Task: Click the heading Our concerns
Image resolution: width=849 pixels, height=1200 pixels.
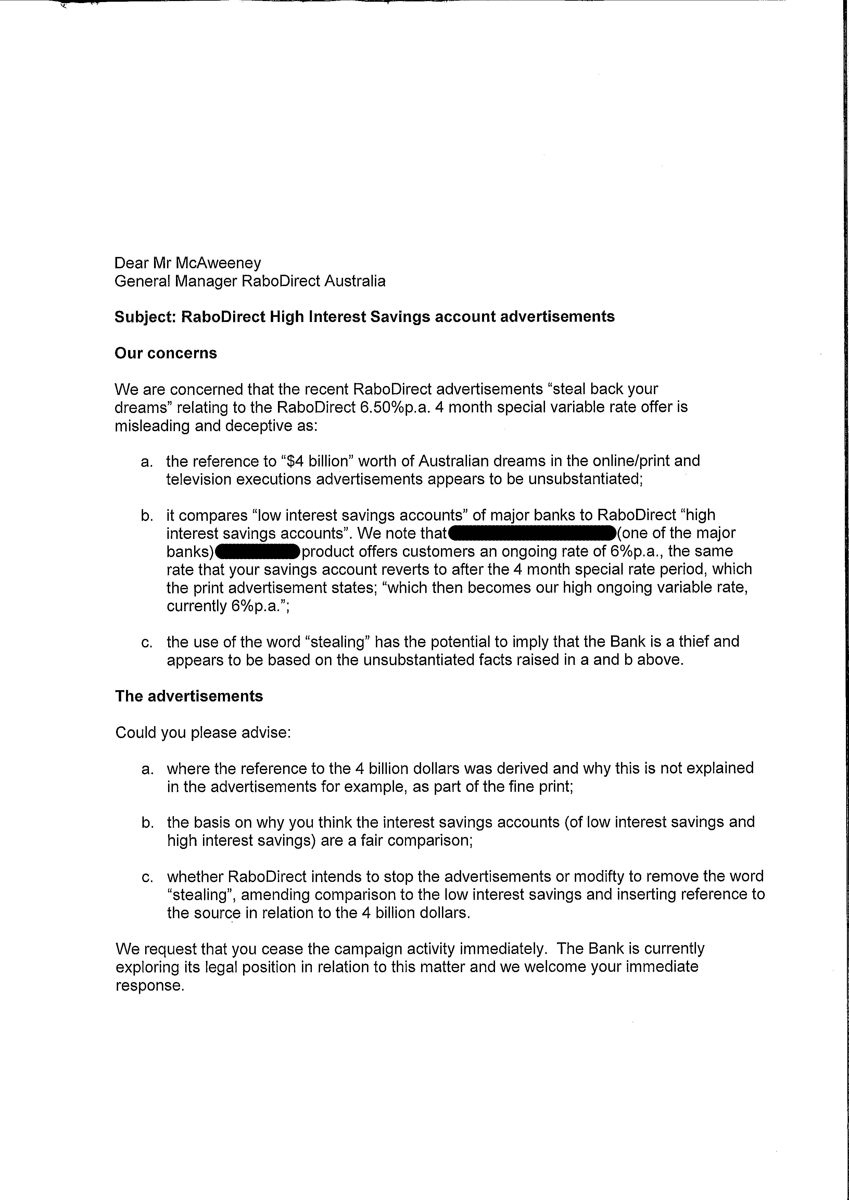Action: pyautogui.click(x=166, y=353)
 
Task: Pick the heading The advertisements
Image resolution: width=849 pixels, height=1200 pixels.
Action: pyautogui.click(x=189, y=696)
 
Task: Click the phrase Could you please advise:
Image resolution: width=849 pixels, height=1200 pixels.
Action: pyautogui.click(x=203, y=732)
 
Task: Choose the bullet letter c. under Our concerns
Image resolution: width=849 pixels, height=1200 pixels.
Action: pyautogui.click(x=147, y=642)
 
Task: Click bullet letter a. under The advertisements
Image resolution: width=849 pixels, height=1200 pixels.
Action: pyautogui.click(x=148, y=769)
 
